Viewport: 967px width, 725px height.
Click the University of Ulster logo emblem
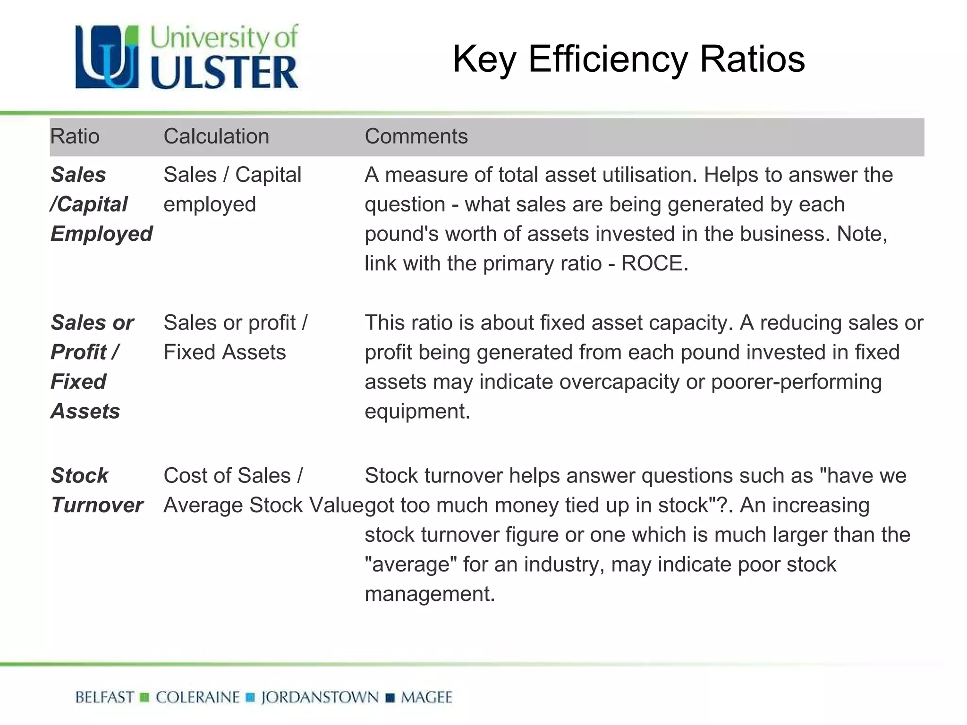107,57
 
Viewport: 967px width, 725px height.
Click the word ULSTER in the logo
224,73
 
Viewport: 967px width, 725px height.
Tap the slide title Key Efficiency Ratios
628,59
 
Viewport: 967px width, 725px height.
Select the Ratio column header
75,136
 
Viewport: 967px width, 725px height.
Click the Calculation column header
216,136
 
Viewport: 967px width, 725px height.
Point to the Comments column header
416,136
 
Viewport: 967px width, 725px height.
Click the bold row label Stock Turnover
97,490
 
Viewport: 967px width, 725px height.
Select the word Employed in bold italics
102,234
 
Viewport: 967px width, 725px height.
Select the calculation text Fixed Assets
225,353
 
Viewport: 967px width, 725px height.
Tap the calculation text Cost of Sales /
233,476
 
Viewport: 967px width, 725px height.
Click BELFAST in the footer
104,697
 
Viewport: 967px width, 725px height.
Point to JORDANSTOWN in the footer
320,697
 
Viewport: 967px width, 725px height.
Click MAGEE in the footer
426,697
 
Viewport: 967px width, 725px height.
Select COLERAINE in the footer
198,697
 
